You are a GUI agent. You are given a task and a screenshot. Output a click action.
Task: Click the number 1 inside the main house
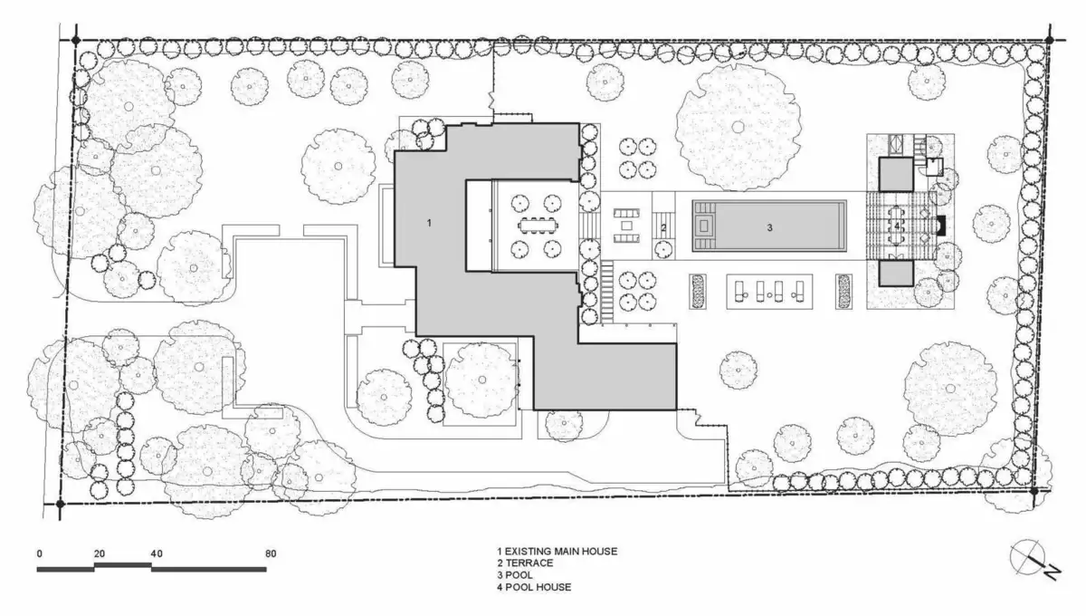429,223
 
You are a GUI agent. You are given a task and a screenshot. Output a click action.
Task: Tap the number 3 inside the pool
769,227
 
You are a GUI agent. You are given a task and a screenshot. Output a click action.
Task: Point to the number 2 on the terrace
663,227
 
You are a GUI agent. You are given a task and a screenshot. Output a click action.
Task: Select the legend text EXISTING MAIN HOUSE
561,552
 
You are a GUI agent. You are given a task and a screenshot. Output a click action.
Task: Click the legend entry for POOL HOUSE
534,587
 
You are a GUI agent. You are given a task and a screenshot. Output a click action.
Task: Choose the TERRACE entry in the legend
525,563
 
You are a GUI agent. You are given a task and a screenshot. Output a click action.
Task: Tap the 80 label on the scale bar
271,553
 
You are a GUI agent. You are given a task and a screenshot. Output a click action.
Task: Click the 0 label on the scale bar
39,553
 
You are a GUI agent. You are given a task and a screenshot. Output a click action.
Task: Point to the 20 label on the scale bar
100,553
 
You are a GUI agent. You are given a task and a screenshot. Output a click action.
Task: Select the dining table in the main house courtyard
538,226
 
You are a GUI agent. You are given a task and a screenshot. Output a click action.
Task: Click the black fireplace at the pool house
941,226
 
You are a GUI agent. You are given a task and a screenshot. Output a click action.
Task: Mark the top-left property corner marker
76,41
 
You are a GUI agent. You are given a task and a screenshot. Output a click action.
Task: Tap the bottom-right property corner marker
1034,491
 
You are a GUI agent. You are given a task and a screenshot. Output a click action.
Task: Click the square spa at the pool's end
703,226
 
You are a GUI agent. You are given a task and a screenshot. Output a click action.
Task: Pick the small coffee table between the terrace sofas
626,226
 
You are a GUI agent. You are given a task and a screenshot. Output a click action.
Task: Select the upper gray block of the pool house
897,174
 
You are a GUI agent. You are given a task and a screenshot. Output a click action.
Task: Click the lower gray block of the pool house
897,274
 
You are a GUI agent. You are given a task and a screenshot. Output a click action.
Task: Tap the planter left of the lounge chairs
698,292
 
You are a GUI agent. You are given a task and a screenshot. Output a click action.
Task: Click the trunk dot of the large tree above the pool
738,127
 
